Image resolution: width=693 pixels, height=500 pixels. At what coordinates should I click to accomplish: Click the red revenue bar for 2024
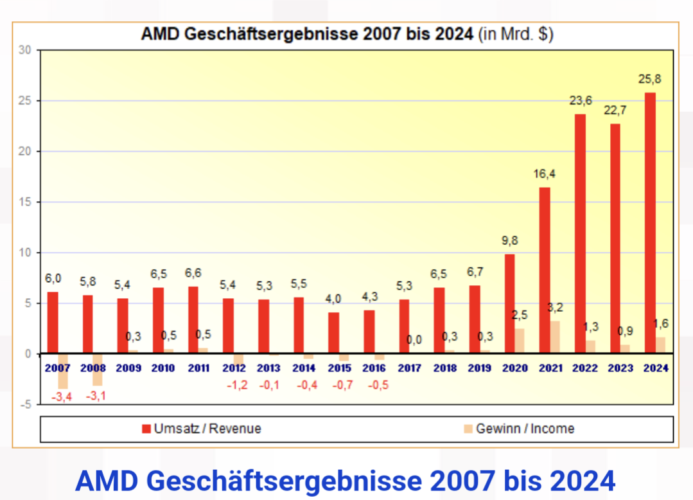(x=650, y=223)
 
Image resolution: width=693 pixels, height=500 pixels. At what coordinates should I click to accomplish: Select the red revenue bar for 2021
(x=545, y=270)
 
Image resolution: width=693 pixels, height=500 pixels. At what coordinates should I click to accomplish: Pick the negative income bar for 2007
(x=63, y=371)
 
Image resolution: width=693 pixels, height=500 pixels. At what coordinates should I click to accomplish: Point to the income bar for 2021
(x=556, y=337)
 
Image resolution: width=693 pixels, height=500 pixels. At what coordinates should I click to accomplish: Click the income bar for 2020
(x=520, y=341)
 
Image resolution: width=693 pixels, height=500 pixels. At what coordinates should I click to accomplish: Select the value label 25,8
(x=650, y=79)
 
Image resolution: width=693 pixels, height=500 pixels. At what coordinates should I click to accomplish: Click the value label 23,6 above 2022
(x=581, y=100)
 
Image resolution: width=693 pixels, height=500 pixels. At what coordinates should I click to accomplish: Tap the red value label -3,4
(x=62, y=397)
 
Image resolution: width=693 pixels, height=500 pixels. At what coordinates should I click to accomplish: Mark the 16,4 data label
(x=545, y=174)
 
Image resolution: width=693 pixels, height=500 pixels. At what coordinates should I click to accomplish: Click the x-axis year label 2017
(x=409, y=368)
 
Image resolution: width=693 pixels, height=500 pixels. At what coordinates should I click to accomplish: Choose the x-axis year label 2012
(x=233, y=368)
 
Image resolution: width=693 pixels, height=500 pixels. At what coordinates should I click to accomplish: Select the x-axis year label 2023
(x=621, y=368)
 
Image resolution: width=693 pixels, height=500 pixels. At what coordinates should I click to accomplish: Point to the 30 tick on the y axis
(x=25, y=50)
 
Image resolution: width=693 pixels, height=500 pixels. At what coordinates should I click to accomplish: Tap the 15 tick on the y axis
(x=25, y=202)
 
